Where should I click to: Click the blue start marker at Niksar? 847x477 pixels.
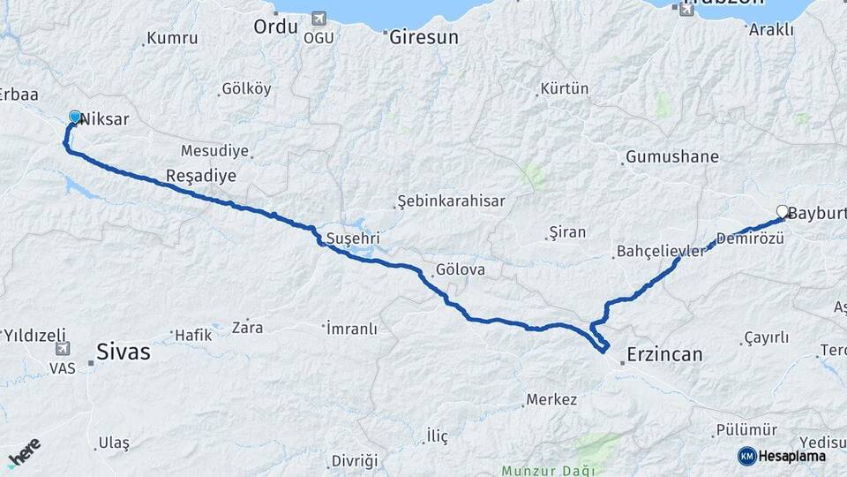coord(75,117)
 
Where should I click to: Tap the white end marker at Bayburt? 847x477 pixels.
coord(782,211)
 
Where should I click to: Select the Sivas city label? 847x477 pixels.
coord(123,352)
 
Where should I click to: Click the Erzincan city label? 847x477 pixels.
coord(664,355)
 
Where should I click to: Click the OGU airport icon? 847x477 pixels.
coord(318,19)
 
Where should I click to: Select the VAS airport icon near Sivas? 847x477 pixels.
coord(63,350)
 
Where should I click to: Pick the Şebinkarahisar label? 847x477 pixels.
coord(451,201)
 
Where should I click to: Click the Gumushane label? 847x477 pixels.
coord(672,157)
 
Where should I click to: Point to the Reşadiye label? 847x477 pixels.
coord(201,176)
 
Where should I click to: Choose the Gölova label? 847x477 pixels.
coord(460,269)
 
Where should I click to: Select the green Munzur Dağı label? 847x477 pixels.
coord(542,470)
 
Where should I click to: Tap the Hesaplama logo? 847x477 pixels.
coord(782,456)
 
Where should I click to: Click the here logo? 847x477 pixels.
coord(25,452)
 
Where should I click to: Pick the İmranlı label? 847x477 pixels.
coord(352,329)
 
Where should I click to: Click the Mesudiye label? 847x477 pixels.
coord(214,150)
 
